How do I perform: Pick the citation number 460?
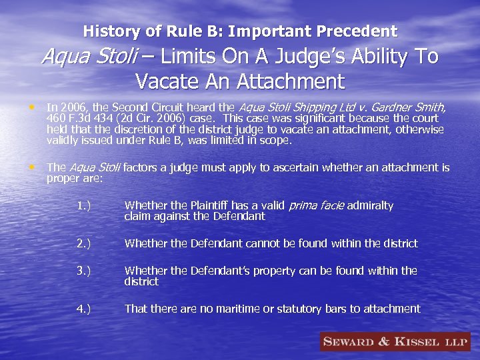(x=55, y=118)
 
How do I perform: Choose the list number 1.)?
(x=83, y=205)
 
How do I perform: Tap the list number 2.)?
(x=83, y=243)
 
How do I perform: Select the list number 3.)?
(x=83, y=271)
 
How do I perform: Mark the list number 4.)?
(x=83, y=309)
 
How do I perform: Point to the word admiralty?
(x=371, y=205)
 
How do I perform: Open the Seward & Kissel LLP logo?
(x=395, y=342)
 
